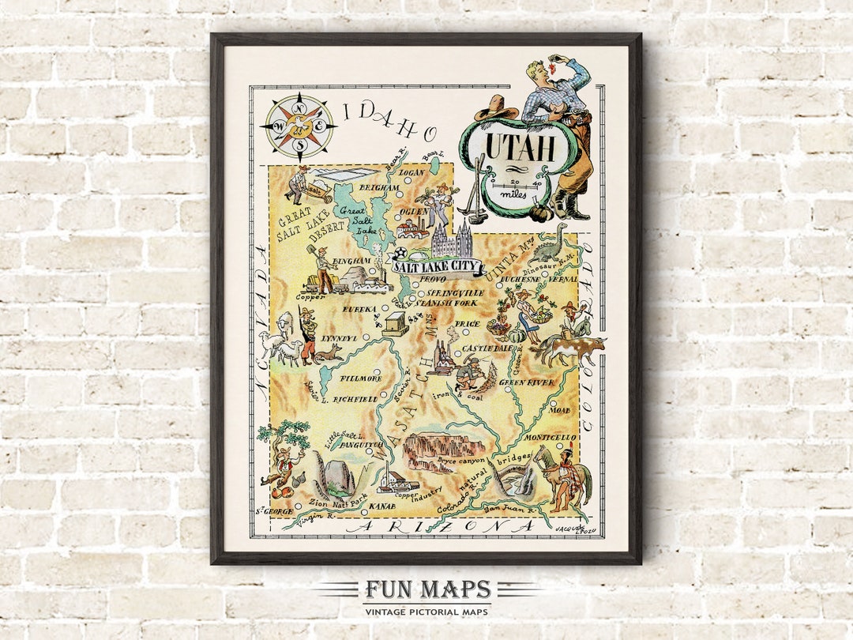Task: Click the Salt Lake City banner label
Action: tap(438, 266)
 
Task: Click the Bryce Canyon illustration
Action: tap(444, 450)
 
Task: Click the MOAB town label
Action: tap(559, 411)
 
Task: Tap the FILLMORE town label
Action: tap(361, 378)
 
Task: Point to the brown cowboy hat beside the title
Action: tap(495, 107)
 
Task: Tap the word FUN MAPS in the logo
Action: tap(426, 589)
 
